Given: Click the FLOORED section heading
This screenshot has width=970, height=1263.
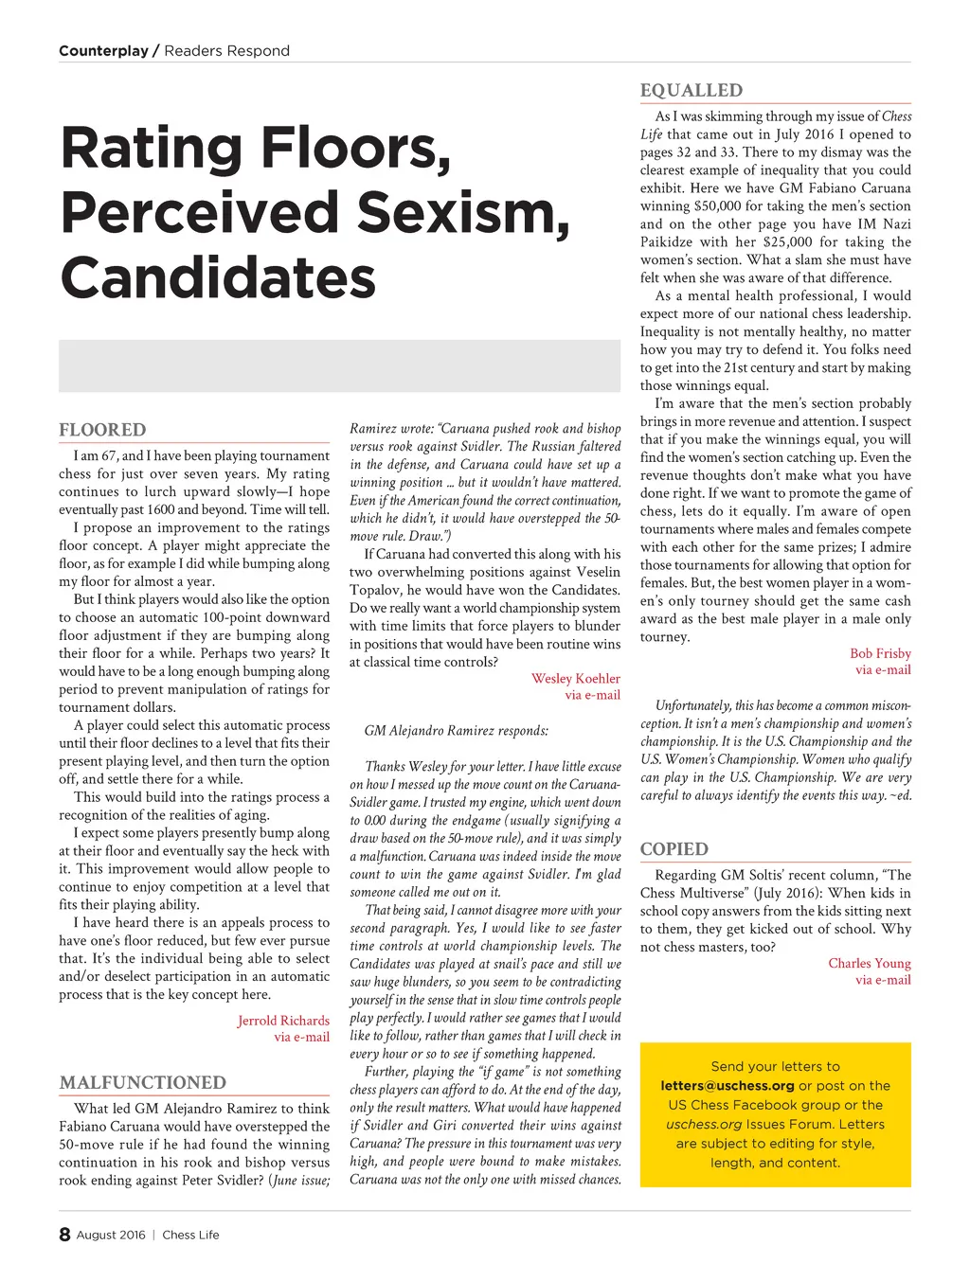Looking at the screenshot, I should pyautogui.click(x=102, y=430).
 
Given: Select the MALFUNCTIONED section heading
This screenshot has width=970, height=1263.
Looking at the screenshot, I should pyautogui.click(x=143, y=1083).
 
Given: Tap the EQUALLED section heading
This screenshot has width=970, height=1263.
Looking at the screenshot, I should pyautogui.click(x=692, y=91).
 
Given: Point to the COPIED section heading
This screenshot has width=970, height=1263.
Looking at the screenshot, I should pyautogui.click(x=674, y=849).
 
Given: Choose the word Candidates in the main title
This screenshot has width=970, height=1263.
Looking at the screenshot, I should pyautogui.click(x=219, y=277).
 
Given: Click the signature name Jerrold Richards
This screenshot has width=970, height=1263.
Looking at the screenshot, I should pyautogui.click(x=283, y=1021).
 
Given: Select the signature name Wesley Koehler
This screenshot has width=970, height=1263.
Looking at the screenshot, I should pyautogui.click(x=576, y=678).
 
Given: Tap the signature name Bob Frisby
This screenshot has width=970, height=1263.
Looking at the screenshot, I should pyautogui.click(x=880, y=653).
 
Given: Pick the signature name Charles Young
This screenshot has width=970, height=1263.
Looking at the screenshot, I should pyautogui.click(x=870, y=963).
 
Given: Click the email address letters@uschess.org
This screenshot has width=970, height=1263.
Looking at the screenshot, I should pyautogui.click(x=727, y=1086).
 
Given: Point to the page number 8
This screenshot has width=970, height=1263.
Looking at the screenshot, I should pyautogui.click(x=64, y=1235).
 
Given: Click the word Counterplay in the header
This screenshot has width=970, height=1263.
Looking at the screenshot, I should pyautogui.click(x=103, y=51).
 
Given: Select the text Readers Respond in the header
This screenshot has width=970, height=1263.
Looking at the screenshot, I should pyautogui.click(x=227, y=51).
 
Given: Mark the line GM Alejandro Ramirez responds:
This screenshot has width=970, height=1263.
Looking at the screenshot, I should pyautogui.click(x=457, y=730).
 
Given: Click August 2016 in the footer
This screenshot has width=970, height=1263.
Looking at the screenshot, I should pyautogui.click(x=111, y=1235).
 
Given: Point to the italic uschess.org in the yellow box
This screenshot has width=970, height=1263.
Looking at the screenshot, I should pyautogui.click(x=704, y=1125).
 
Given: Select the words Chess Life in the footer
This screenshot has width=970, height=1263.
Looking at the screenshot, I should pyautogui.click(x=190, y=1235).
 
